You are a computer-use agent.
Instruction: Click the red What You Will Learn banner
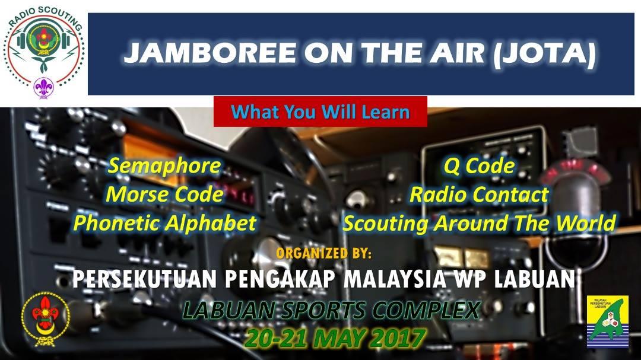click(320, 111)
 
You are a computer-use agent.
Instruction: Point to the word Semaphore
click(164, 165)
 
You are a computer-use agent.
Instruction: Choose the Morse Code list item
click(164, 194)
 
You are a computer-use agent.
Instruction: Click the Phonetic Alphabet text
click(164, 223)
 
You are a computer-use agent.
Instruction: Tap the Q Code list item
click(479, 165)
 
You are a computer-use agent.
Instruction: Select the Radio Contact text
click(479, 194)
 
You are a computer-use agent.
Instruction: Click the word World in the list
click(585, 223)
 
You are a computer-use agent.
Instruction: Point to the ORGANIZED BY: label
click(324, 253)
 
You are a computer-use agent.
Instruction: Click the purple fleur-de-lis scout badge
click(43, 87)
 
